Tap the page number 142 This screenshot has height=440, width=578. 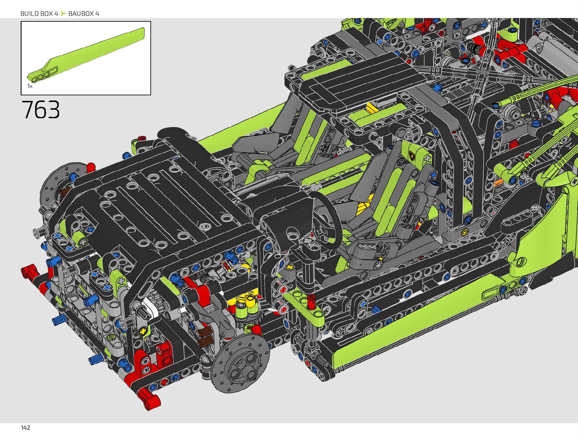pos(25,428)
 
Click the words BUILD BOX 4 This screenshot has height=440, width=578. pos(39,14)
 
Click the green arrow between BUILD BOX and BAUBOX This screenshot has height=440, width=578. pos(63,13)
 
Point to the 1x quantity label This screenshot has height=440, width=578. pos(30,86)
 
